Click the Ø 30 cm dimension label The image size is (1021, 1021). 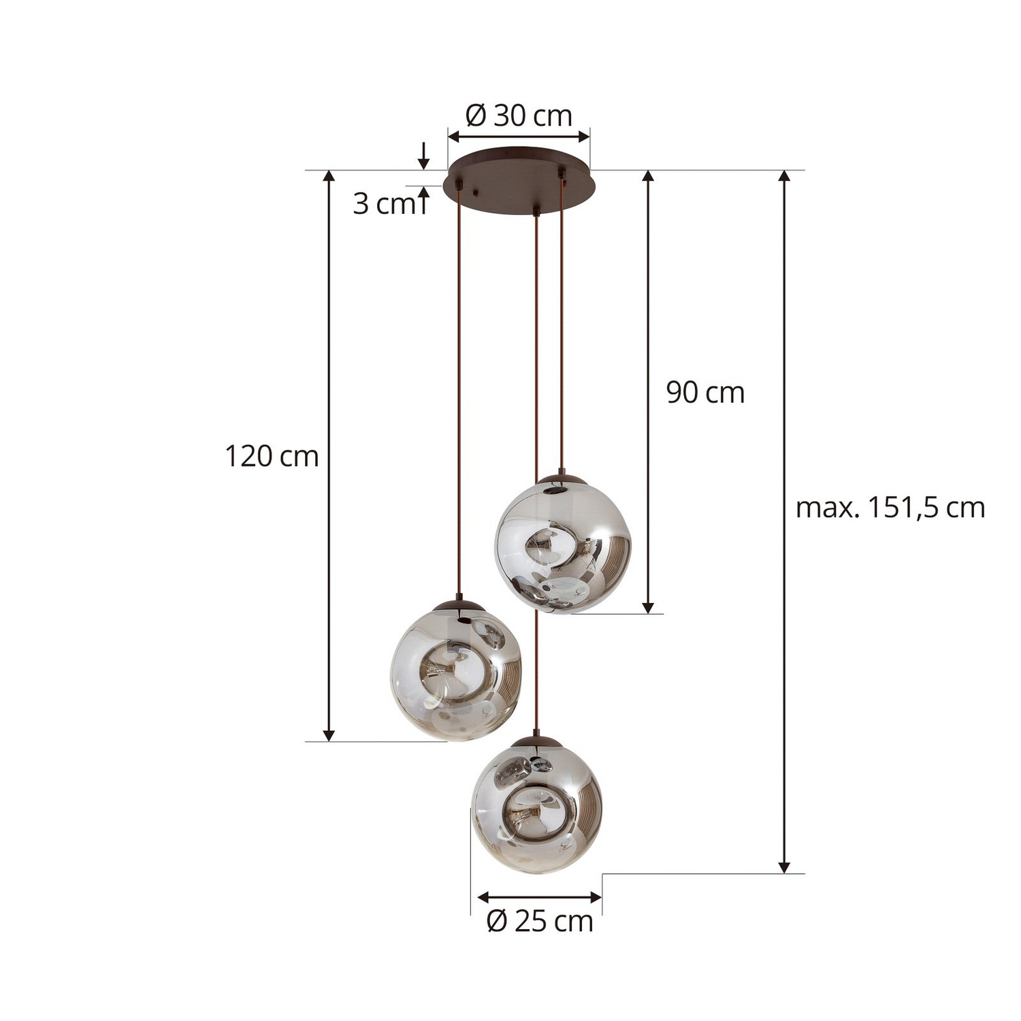(519, 116)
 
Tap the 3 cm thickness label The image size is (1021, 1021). (383, 204)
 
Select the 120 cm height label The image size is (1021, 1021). (272, 456)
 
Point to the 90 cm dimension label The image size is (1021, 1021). (705, 393)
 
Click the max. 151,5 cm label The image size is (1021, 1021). (890, 508)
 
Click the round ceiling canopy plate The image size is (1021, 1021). (519, 182)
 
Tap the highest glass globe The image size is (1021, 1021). (563, 544)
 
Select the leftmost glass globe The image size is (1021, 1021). (456, 672)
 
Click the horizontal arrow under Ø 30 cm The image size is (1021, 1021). (519, 137)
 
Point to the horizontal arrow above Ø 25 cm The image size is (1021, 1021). (540, 898)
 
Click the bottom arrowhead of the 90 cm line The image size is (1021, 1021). (648, 606)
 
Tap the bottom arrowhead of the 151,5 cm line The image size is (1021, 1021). (784, 866)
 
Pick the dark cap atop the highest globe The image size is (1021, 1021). (562, 479)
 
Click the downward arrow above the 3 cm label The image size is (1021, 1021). (423, 157)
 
